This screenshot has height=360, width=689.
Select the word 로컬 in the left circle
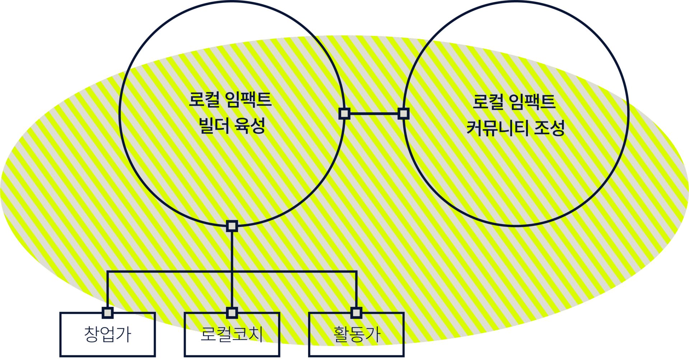[x=204, y=99]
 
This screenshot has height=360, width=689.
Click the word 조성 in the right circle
[x=549, y=128]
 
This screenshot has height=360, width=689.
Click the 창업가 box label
[x=107, y=334]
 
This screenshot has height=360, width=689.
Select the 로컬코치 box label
[x=232, y=334]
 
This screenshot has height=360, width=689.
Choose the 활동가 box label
[x=356, y=334]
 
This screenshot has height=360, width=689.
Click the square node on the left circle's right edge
[x=344, y=114]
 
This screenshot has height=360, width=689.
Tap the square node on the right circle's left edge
[x=404, y=114]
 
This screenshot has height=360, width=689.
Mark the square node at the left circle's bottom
[x=232, y=226]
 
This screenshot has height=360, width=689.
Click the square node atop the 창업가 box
[x=107, y=313]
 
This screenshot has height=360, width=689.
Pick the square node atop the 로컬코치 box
[x=232, y=313]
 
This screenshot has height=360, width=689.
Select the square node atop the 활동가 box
[x=356, y=313]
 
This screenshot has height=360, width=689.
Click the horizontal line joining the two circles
[x=374, y=114]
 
